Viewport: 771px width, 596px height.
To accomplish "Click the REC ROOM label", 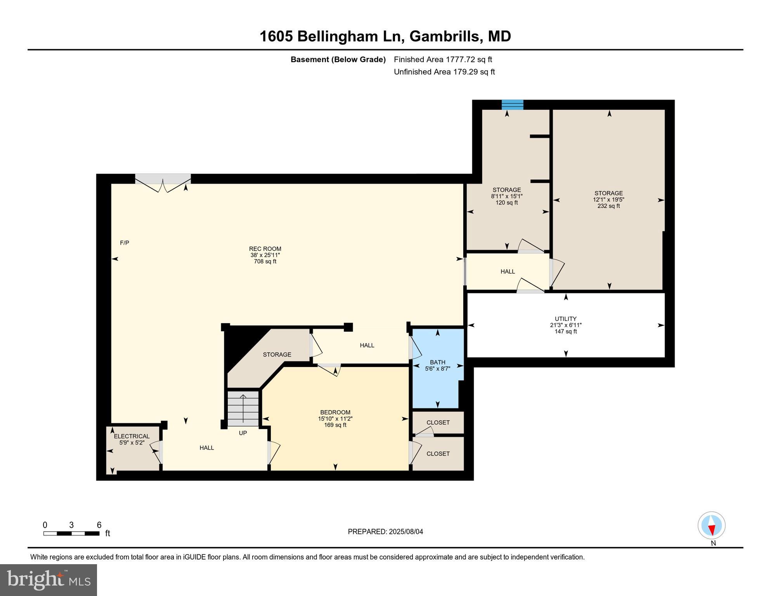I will (x=265, y=249).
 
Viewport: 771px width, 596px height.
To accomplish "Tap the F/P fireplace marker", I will (x=125, y=243).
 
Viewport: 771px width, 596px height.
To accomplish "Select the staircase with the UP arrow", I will (x=243, y=409).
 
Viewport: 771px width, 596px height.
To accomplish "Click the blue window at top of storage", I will (x=512, y=105).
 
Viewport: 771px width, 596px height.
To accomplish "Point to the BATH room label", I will (x=437, y=362).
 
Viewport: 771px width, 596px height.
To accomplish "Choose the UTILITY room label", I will (x=565, y=319).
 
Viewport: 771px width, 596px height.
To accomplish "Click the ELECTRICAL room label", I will (x=132, y=436).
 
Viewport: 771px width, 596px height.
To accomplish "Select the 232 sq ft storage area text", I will (x=608, y=206).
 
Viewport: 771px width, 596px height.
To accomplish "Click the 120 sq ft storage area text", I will (x=506, y=203).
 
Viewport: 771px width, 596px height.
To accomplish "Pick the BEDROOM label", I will (x=335, y=412).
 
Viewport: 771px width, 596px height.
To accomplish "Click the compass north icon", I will (x=711, y=526).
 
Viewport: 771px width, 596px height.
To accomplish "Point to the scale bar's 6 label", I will (x=99, y=525).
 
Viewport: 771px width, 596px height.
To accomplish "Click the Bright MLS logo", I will (x=49, y=580).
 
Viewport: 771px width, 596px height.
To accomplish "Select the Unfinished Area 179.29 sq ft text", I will (x=444, y=72).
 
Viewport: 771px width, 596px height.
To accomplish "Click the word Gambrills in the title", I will (x=444, y=36).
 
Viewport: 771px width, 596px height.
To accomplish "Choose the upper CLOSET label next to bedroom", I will (x=438, y=423).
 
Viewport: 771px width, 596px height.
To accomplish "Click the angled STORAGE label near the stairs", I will (x=277, y=355).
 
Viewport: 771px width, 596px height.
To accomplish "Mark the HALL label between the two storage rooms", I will (x=508, y=272).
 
